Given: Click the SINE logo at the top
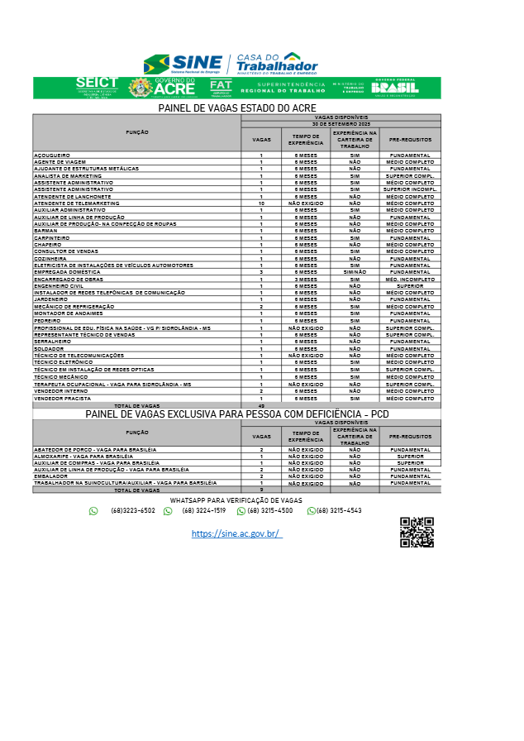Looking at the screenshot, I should (x=183, y=64).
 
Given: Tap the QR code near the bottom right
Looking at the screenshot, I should (x=417, y=532).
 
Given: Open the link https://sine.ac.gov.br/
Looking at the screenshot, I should (x=236, y=534).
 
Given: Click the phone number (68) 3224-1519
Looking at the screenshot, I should (x=203, y=511).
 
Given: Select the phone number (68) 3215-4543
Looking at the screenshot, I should (x=339, y=511).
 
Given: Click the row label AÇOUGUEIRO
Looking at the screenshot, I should (x=52, y=155).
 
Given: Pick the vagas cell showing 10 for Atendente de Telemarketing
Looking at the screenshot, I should (x=261, y=203).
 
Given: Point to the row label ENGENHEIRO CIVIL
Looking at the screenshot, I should (x=59, y=285).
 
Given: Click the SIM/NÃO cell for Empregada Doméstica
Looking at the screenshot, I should (x=355, y=271).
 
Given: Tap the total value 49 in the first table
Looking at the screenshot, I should (x=261, y=406).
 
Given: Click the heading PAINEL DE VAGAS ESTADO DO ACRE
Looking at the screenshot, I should (x=237, y=108).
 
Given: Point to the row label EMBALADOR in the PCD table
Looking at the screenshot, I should (x=50, y=476).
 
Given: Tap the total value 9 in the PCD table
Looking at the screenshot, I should (x=261, y=490).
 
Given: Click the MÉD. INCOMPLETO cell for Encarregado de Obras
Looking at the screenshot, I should (x=410, y=279).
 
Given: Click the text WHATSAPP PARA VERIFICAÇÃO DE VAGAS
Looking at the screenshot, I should (x=236, y=500).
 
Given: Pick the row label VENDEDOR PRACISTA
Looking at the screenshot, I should (x=61, y=399).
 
